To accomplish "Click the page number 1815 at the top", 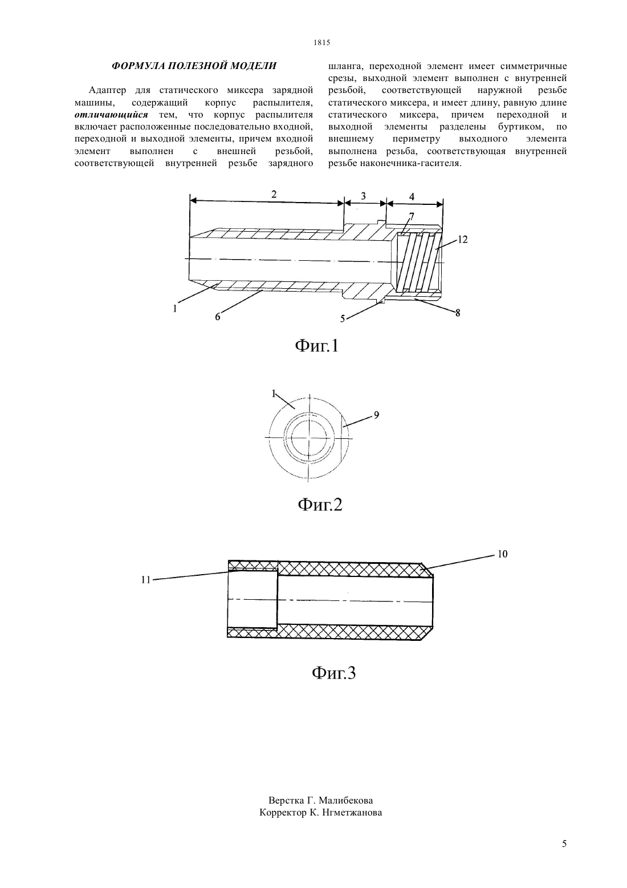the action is tap(322, 43).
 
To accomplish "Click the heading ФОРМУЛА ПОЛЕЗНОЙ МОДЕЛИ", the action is tap(194, 66).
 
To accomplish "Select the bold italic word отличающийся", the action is tap(111, 115).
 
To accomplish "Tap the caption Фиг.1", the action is tap(317, 346).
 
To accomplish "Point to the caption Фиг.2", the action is tap(320, 504).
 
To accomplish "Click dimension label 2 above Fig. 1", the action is tap(274, 194).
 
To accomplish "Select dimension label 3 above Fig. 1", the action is tap(364, 196).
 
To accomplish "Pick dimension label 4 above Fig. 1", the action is tap(412, 197).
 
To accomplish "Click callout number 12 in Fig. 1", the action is tap(462, 240).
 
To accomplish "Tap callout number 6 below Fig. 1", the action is tap(218, 317).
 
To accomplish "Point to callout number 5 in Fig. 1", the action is tap(343, 318).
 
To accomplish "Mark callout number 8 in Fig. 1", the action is tap(458, 313).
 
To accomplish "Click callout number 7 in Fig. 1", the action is tap(412, 216).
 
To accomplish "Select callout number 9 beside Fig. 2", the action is tap(376, 415).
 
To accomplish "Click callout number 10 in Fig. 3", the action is tap(502, 554).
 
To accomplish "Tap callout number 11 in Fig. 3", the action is tap(146, 580).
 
